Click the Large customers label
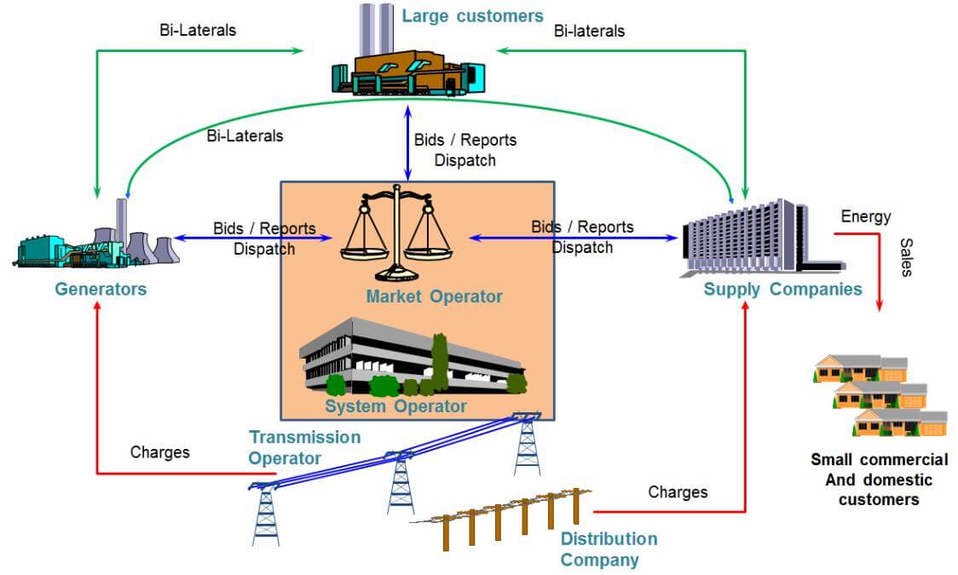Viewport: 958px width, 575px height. coord(472,16)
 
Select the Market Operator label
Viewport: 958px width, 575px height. coord(434,296)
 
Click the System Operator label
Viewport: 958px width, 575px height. coord(395,405)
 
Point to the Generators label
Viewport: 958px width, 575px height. coord(101,289)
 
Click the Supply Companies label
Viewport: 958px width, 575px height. coord(782,289)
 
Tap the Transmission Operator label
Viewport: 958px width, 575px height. coord(304,447)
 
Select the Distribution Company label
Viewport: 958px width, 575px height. coord(609,549)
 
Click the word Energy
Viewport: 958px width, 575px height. coord(865,216)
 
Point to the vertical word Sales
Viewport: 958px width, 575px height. coord(906,256)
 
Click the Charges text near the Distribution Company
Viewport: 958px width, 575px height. coord(678,492)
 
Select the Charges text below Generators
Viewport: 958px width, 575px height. coord(159,451)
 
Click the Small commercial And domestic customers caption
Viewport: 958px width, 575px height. coord(879,480)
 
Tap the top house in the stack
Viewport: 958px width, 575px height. coord(859,368)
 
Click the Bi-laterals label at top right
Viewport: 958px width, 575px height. coord(589,31)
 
